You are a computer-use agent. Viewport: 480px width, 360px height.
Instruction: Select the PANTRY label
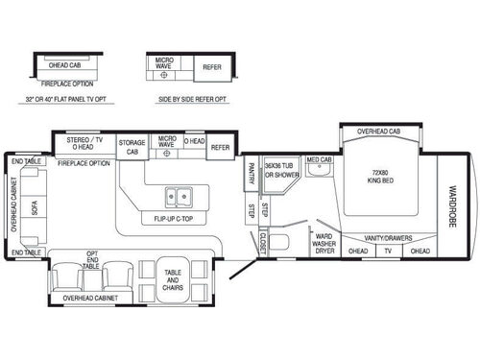click(251, 172)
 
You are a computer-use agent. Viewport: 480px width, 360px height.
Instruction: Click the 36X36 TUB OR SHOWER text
click(282, 170)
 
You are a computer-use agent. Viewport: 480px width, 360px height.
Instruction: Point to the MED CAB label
click(320, 159)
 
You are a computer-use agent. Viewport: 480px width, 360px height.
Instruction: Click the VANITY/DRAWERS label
click(389, 238)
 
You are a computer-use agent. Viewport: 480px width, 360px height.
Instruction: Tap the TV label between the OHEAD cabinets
click(389, 252)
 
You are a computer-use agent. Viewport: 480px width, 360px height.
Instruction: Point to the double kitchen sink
click(178, 197)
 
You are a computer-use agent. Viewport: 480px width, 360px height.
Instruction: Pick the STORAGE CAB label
click(132, 147)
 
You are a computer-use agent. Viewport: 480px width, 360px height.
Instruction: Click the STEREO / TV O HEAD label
click(84, 143)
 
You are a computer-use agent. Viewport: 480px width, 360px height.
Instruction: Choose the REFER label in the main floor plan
click(221, 147)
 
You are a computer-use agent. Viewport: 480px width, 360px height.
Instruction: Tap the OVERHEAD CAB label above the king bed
click(378, 131)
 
